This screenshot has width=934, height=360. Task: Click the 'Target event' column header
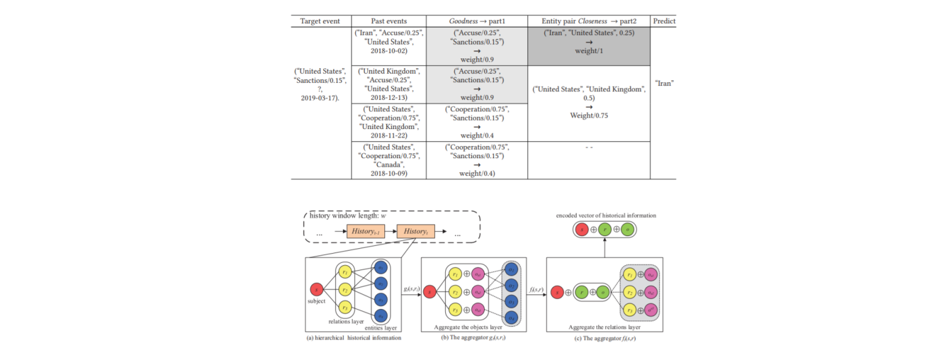[x=320, y=21]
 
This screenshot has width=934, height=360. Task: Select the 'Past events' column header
[x=389, y=21]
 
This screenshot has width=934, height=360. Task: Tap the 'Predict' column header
[x=664, y=21]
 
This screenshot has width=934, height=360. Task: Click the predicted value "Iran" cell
[x=663, y=83]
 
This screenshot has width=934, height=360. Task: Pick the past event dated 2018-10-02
[x=389, y=42]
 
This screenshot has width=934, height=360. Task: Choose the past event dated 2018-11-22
[x=389, y=122]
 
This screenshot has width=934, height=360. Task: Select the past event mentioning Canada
[x=389, y=160]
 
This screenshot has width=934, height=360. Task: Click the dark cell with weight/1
[x=589, y=42]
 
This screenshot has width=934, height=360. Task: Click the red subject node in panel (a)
[x=316, y=290]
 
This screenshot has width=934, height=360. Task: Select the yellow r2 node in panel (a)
[x=345, y=290]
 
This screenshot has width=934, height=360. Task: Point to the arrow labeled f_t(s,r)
[x=536, y=292]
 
